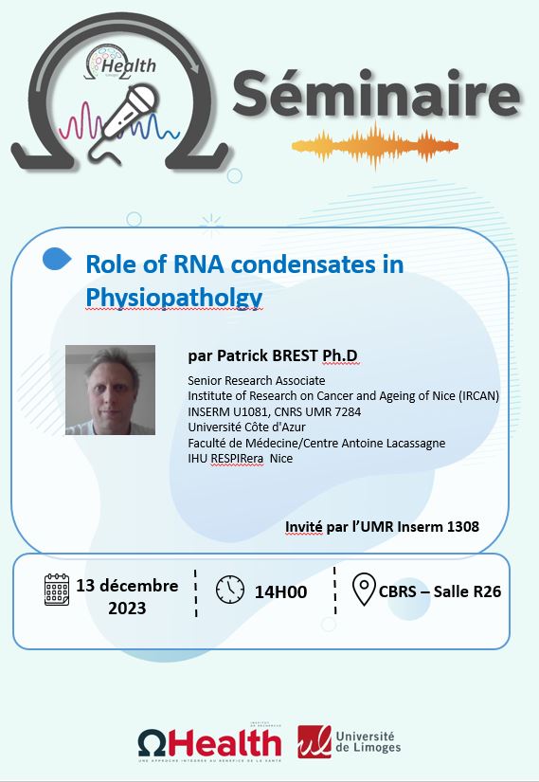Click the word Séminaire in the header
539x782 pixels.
(x=376, y=94)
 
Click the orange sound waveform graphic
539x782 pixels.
(x=374, y=146)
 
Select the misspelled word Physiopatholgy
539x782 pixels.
(x=174, y=298)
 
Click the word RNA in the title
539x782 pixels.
(x=198, y=264)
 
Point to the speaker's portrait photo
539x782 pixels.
(x=110, y=390)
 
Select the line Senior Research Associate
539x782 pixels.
(x=257, y=380)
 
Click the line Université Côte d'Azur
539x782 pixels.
(x=246, y=427)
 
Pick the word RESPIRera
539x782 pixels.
(x=237, y=459)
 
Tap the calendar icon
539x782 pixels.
(x=57, y=590)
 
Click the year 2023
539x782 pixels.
(x=127, y=608)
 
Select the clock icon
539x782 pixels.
(x=230, y=589)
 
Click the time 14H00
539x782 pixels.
(x=280, y=592)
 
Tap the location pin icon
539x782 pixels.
(x=364, y=589)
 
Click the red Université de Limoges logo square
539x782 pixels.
(x=314, y=741)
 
